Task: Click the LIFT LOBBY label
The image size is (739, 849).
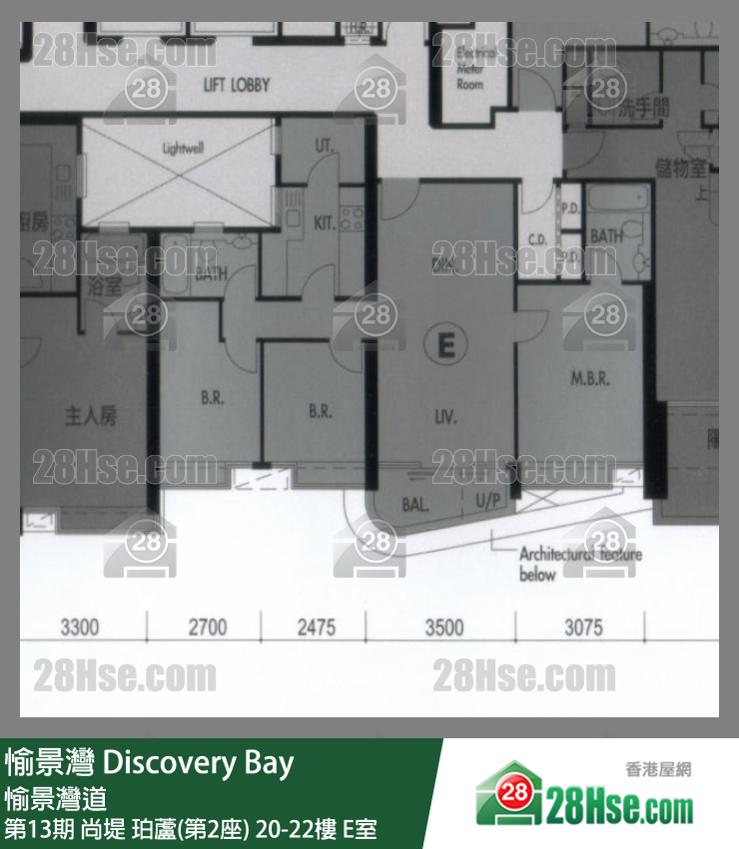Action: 236,85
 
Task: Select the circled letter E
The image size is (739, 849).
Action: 445,345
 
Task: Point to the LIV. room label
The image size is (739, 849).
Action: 445,417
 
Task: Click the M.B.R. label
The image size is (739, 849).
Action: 590,379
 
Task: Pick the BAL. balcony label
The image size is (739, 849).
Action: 415,505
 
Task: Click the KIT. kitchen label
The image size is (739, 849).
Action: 325,223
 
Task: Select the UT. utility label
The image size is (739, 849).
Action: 324,146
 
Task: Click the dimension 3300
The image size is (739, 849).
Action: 80,628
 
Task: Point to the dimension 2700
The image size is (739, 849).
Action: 208,628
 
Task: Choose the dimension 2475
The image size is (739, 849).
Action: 316,628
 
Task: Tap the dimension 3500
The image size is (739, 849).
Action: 444,628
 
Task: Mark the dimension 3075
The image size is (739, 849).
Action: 583,628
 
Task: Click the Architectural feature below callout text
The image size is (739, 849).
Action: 579,565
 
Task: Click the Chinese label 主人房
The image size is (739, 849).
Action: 91,414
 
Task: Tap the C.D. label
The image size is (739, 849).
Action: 536,239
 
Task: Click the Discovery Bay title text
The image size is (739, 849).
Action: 199,764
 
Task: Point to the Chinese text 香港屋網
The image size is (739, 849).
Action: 658,769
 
